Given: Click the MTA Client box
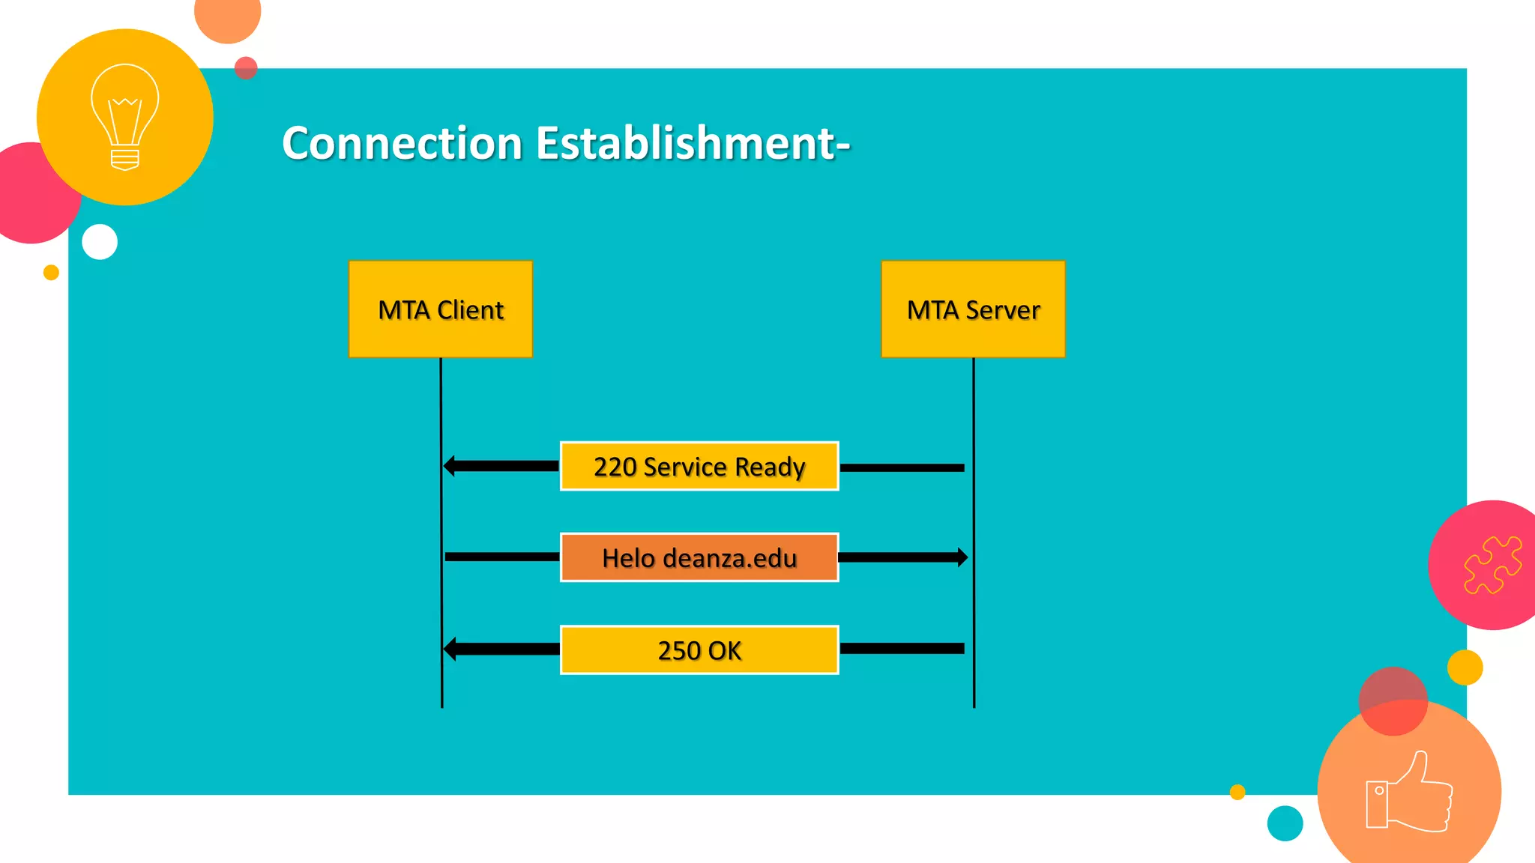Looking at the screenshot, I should (x=441, y=309).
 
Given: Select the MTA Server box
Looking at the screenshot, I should (x=973, y=309).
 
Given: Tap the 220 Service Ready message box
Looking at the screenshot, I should (x=699, y=466).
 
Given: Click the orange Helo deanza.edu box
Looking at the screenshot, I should (x=699, y=557).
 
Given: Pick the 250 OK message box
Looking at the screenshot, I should (x=699, y=649).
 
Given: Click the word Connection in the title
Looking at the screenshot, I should (x=402, y=143).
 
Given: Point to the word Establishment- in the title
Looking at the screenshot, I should (x=693, y=143).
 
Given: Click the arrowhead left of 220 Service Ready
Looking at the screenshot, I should (x=450, y=466).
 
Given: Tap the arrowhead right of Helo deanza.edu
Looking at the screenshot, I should (x=962, y=557).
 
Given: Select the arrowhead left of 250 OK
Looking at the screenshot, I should (x=450, y=649).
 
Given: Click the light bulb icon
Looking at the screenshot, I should (x=125, y=117).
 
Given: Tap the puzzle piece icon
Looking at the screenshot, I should (x=1492, y=565).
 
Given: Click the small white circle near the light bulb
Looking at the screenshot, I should (x=100, y=242).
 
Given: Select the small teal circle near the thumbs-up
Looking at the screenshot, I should (x=1285, y=823).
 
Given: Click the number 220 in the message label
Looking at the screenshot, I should (x=615, y=467).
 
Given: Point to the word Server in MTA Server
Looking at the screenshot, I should (x=1002, y=310).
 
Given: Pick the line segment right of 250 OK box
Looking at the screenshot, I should (x=902, y=649).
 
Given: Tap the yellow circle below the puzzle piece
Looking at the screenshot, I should (x=1465, y=667).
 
